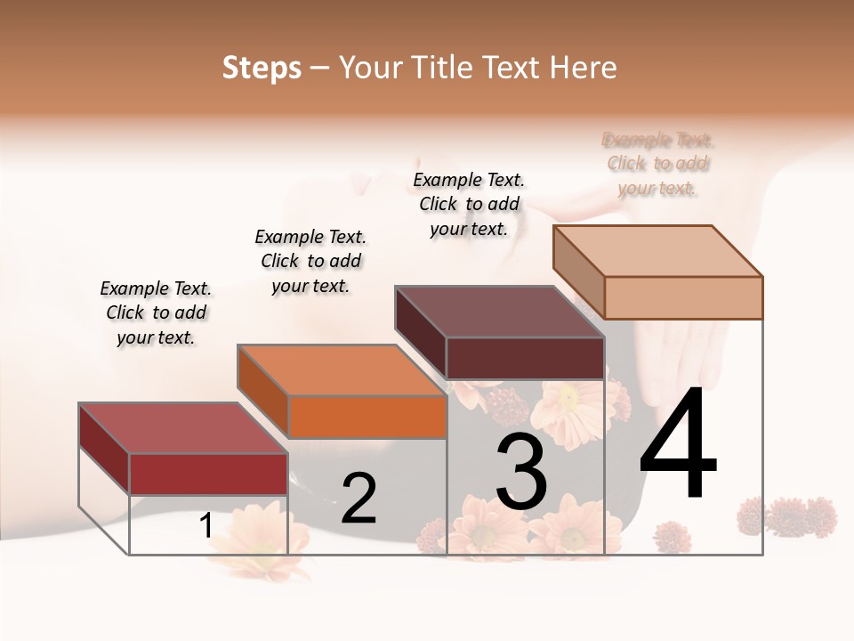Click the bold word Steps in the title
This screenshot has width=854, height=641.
262,68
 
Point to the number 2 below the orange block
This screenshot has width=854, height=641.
359,499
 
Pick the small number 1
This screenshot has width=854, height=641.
206,526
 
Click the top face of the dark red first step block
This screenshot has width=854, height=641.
183,427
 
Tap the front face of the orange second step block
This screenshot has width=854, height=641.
367,417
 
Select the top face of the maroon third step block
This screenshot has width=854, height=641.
498,312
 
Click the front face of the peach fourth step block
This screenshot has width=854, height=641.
683,297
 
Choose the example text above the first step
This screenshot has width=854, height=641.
156,312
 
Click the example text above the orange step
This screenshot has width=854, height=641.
310,261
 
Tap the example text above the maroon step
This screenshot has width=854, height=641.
469,204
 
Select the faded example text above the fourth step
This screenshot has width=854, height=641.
658,164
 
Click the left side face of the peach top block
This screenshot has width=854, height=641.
579,272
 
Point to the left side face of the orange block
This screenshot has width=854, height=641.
263,392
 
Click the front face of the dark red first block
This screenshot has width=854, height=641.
208,474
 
